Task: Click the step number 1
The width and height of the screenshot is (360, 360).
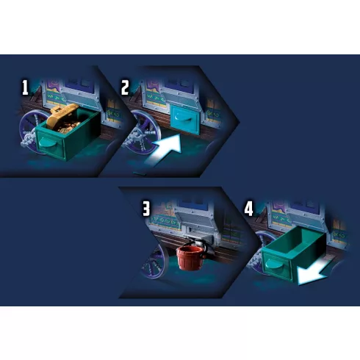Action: click(x=25, y=88)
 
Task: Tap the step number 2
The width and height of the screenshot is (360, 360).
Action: click(x=125, y=88)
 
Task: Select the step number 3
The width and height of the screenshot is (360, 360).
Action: click(x=146, y=209)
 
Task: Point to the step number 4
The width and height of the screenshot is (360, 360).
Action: click(x=248, y=209)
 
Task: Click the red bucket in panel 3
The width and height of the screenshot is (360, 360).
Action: click(x=190, y=258)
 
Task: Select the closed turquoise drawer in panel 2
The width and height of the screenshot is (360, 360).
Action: click(x=185, y=120)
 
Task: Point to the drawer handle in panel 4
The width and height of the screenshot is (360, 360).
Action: click(x=273, y=263)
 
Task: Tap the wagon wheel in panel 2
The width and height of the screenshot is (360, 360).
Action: click(x=143, y=132)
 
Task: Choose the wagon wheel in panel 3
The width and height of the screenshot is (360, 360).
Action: click(x=156, y=262)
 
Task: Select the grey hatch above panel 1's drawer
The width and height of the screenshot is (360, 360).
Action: click(x=81, y=98)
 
